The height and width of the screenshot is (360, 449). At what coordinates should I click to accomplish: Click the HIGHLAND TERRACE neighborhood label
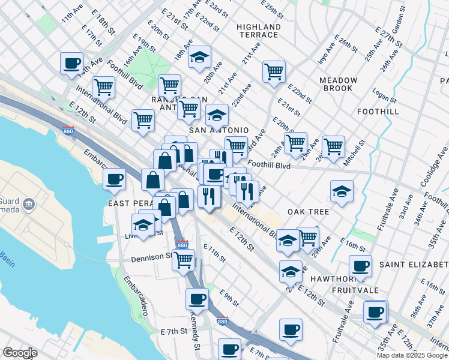(x=259, y=31)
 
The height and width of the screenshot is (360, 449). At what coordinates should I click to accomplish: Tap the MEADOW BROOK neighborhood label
(x=339, y=84)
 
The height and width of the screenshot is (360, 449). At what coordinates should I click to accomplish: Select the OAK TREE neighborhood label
(x=308, y=212)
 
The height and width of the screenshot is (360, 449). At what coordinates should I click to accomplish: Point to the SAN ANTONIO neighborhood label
(x=218, y=130)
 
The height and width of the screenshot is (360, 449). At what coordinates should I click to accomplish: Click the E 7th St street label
(x=174, y=331)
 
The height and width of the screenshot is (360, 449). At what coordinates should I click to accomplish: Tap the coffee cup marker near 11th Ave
(x=72, y=62)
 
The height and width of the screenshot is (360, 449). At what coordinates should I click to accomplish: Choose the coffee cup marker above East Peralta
(x=114, y=178)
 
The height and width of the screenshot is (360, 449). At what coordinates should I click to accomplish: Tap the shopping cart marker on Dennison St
(x=183, y=260)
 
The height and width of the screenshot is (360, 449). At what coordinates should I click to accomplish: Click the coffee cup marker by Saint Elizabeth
(x=360, y=266)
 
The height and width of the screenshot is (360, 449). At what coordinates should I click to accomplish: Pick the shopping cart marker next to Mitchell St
(x=333, y=145)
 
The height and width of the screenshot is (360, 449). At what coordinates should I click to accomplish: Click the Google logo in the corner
(x=20, y=353)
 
